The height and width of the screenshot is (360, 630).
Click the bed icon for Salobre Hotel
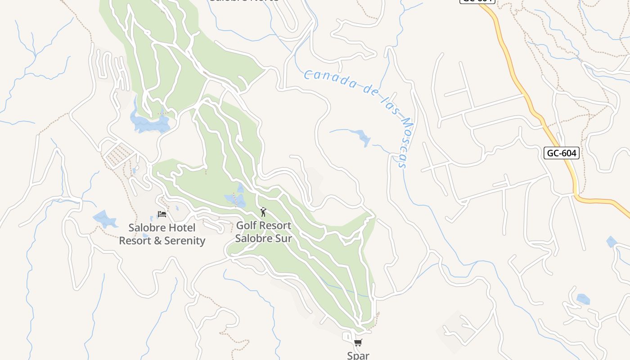click(x=162, y=214)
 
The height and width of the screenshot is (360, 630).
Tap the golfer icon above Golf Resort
click(x=263, y=212)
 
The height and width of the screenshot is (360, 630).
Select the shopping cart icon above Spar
click(x=358, y=343)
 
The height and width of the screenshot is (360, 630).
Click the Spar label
click(x=358, y=355)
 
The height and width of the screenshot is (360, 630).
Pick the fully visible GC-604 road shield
click(x=561, y=153)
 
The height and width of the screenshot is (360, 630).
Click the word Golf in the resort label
click(x=247, y=225)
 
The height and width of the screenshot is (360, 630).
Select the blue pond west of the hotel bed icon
click(x=105, y=219)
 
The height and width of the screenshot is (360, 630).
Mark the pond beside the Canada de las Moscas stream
click(x=362, y=137)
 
